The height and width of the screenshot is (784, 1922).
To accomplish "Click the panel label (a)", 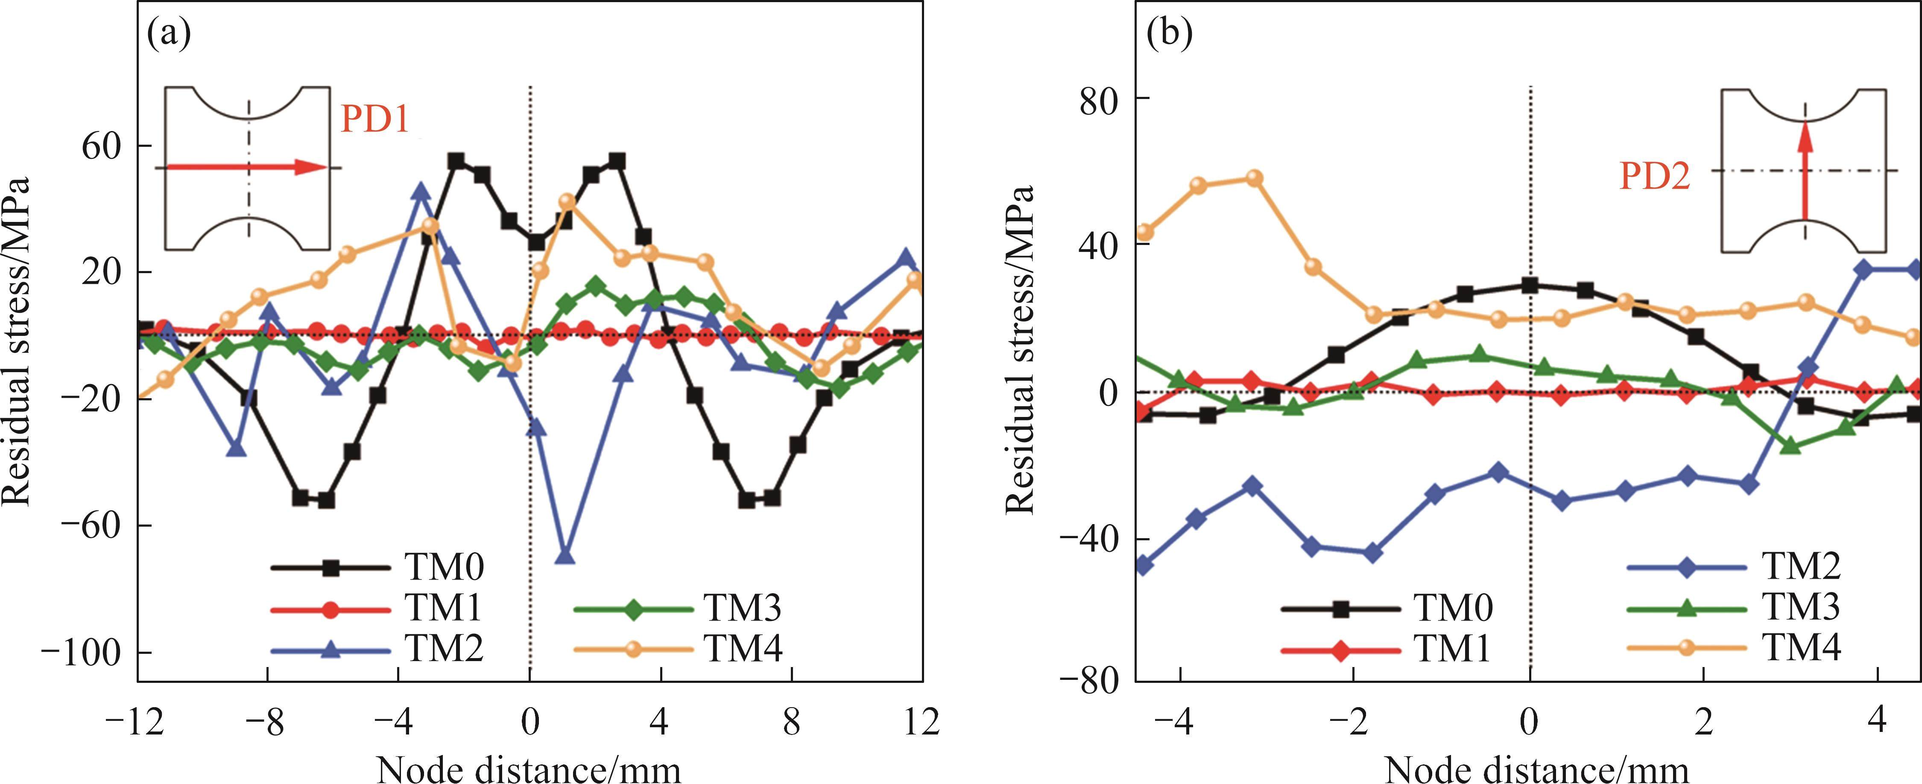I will click(x=170, y=34).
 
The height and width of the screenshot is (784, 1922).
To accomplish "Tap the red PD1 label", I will click(x=375, y=118).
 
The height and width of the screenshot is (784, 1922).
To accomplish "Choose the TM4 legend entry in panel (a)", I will click(x=743, y=649).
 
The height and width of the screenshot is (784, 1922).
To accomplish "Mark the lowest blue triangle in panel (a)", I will click(x=565, y=557).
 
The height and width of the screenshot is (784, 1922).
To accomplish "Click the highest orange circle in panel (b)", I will click(x=1254, y=178).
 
